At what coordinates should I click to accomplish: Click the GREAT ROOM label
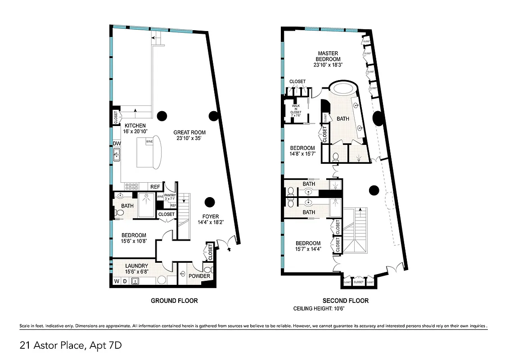pyautogui.click(x=189, y=132)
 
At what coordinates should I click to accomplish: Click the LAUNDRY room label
pyautogui.click(x=136, y=266)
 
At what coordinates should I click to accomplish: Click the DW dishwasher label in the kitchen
pyautogui.click(x=117, y=144)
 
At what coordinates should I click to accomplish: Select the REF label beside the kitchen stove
pyautogui.click(x=155, y=187)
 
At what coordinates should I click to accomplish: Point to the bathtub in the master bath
pyautogui.click(x=343, y=87)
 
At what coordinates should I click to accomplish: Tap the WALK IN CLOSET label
pyautogui.click(x=296, y=109)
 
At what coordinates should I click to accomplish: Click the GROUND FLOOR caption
pyautogui.click(x=174, y=301)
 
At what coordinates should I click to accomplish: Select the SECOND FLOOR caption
pyautogui.click(x=345, y=301)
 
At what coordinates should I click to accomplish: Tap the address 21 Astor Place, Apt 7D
pyautogui.click(x=71, y=346)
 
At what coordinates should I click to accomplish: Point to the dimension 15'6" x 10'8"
pyautogui.click(x=133, y=241)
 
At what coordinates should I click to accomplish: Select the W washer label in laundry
pyautogui.click(x=117, y=282)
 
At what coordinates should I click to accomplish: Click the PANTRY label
pyautogui.click(x=170, y=195)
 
